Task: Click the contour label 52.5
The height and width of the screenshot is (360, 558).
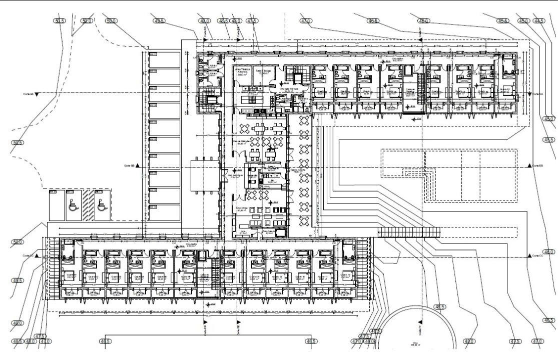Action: click(18, 143)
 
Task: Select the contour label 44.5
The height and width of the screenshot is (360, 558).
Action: click(539, 21)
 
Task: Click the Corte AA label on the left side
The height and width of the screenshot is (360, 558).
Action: click(28, 93)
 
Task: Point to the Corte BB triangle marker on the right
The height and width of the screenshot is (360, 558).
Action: click(529, 165)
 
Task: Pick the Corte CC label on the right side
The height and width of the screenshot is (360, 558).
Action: click(538, 256)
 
